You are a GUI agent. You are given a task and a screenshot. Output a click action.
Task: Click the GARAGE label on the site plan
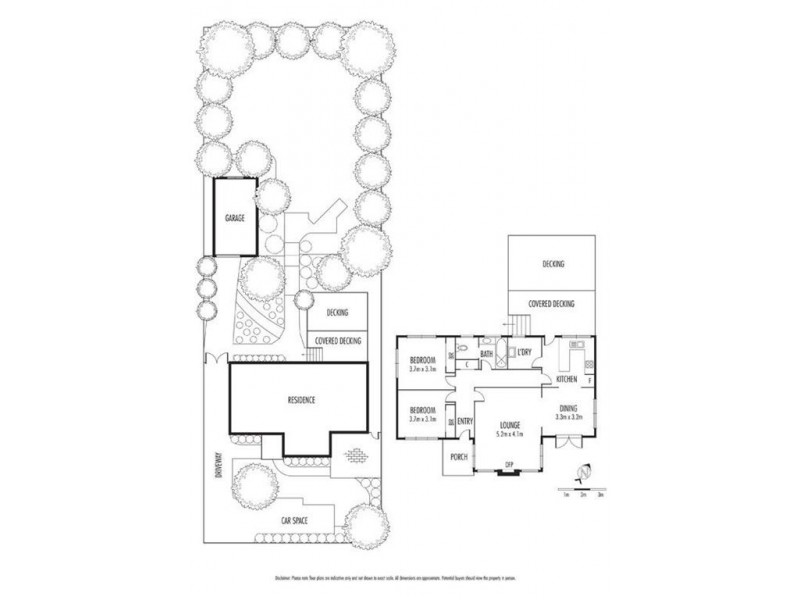point(233,216)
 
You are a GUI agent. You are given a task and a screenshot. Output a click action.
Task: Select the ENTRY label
point(464,421)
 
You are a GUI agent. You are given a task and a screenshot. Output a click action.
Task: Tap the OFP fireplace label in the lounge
point(509,465)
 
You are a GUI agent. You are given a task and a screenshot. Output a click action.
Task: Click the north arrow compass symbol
point(579,474)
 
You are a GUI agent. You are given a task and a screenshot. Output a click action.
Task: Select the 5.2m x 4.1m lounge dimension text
point(512,433)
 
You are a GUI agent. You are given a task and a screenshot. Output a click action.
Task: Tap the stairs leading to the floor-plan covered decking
point(519,325)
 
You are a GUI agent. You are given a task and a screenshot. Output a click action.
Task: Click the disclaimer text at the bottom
point(400,579)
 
